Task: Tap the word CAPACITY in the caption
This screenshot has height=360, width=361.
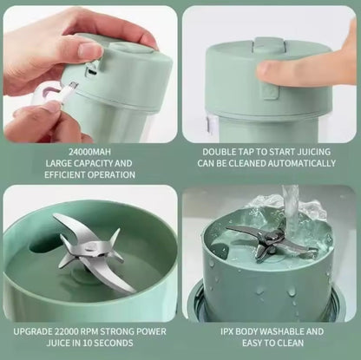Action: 94,163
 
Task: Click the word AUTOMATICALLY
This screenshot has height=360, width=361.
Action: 294,163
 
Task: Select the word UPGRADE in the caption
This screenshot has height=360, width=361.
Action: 36,331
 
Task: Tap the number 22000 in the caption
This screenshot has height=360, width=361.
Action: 75,331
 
